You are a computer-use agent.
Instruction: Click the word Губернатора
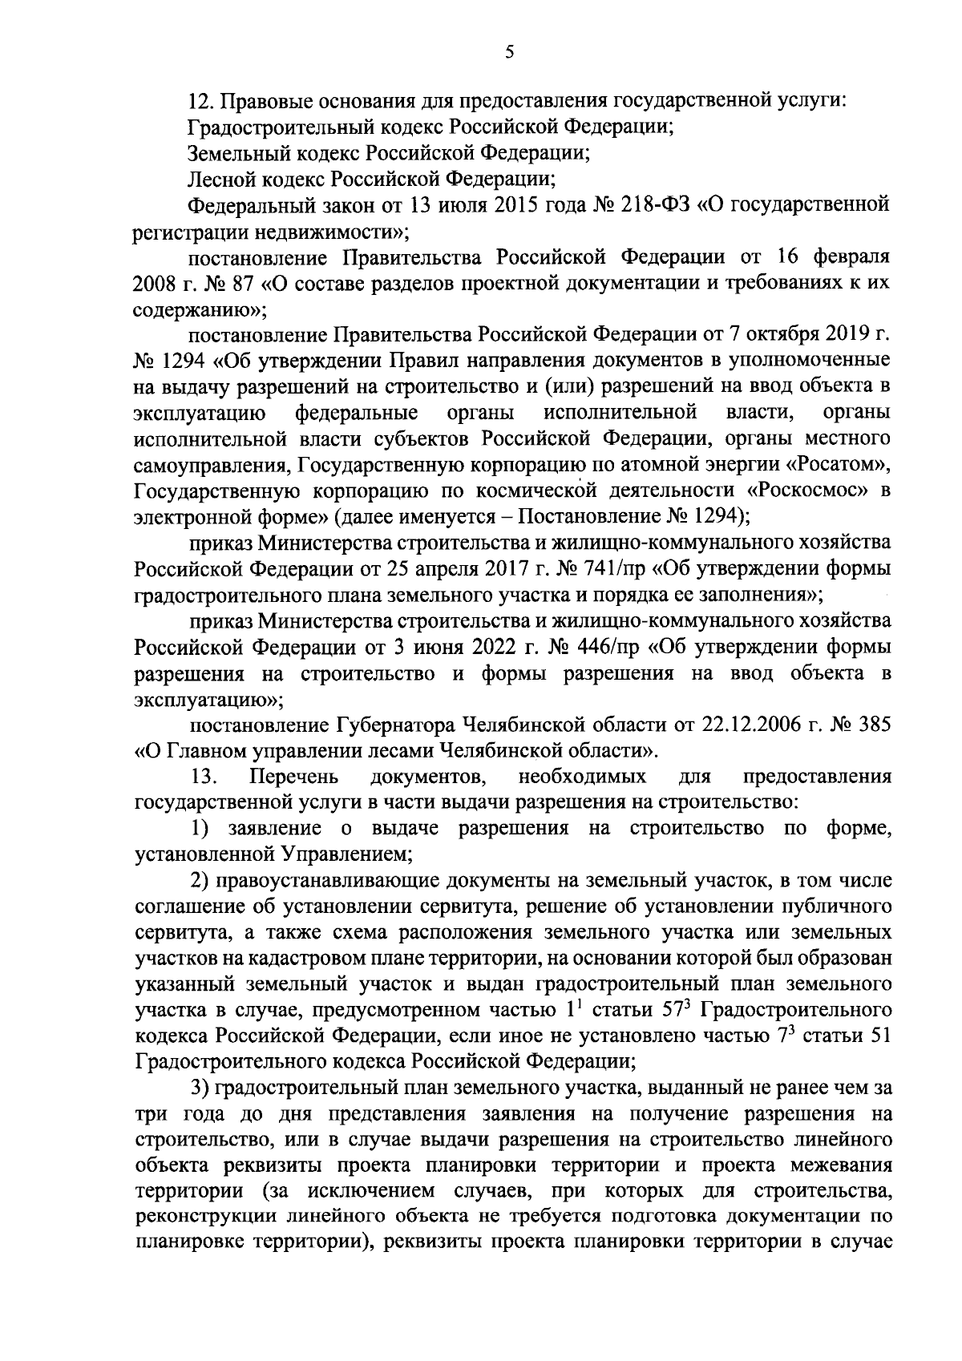tap(394, 725)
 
